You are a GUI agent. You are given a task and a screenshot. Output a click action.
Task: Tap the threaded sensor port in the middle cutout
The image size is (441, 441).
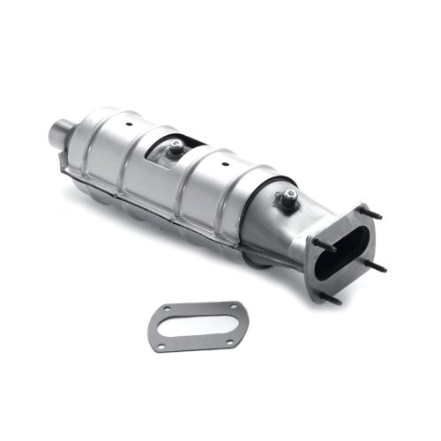click(x=177, y=149)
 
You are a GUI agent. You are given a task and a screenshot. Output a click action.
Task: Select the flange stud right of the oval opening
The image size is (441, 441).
click(x=376, y=265)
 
